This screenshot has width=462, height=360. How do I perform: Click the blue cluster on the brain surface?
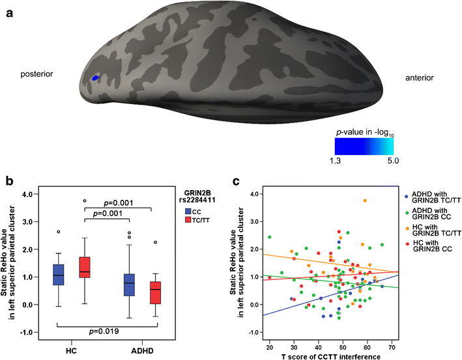pos(95,78)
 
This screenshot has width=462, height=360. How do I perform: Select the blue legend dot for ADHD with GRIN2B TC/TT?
pos(407,196)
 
